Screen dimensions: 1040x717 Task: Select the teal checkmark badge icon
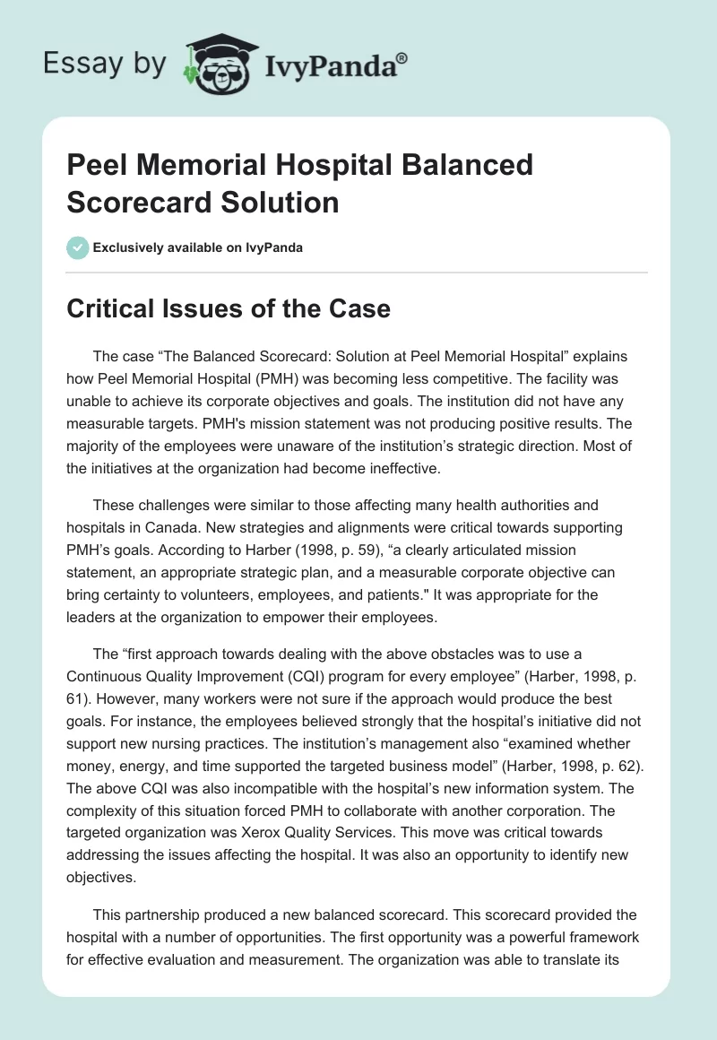(79, 247)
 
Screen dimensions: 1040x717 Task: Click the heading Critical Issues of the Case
(229, 309)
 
